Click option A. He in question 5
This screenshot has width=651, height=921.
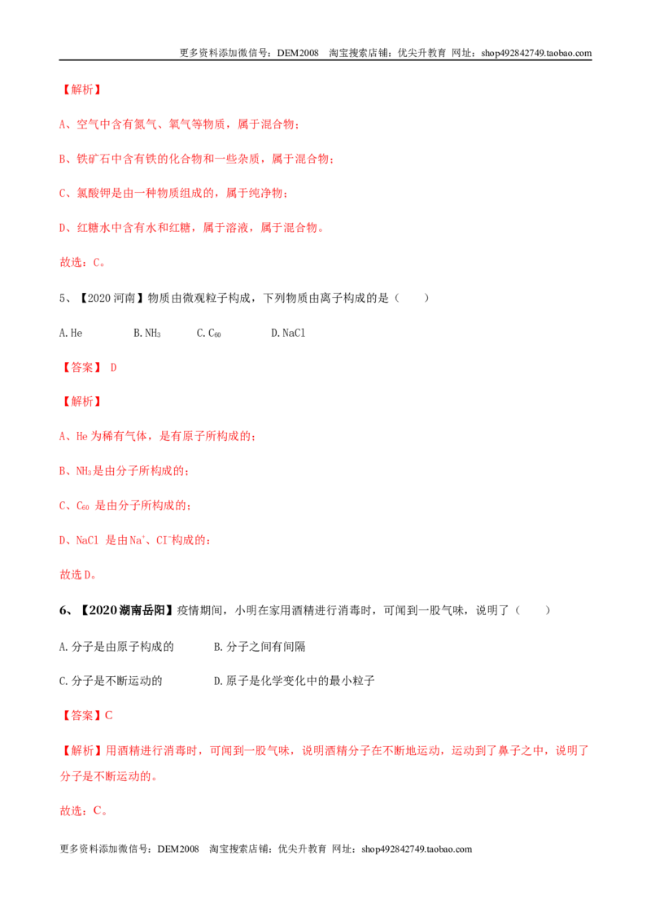click(x=71, y=333)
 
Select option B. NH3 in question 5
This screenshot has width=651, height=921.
click(x=147, y=333)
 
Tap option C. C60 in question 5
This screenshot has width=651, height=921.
click(x=208, y=333)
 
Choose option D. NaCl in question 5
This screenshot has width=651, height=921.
click(x=288, y=333)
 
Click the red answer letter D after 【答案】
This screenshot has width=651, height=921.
click(x=113, y=368)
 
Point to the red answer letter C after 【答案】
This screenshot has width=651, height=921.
click(x=109, y=715)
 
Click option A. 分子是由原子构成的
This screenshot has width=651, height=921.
click(x=116, y=647)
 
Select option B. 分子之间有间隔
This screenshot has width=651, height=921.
click(x=259, y=647)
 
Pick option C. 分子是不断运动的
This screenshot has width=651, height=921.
click(x=111, y=681)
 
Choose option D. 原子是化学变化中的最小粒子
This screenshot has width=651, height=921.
click(x=294, y=681)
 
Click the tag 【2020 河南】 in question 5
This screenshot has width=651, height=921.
click(x=111, y=298)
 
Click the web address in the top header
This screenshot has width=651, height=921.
click(x=535, y=53)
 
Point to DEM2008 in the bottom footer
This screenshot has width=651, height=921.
click(x=178, y=849)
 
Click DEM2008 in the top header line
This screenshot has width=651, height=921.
click(x=298, y=53)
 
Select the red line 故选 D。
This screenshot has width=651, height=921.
click(x=77, y=574)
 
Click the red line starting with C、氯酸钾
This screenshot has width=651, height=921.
click(x=173, y=194)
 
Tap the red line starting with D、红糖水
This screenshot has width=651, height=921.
click(x=191, y=228)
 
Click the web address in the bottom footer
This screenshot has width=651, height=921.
click(x=417, y=849)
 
